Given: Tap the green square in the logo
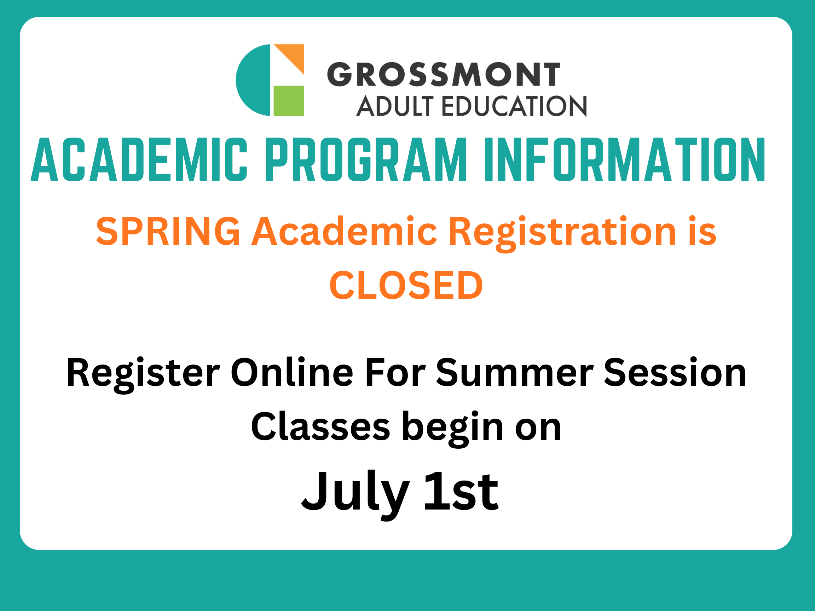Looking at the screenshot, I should [289, 100].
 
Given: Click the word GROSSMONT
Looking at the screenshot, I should [444, 74].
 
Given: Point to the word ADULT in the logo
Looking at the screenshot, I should [394, 106].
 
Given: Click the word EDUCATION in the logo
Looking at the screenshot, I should [514, 106].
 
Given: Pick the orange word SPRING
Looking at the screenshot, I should [168, 231].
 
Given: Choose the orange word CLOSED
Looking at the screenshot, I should [406, 285].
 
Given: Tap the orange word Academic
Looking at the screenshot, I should [344, 231].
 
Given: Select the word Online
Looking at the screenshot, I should [292, 373].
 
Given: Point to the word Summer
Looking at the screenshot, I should [514, 373].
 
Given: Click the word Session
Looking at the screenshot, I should [675, 373].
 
